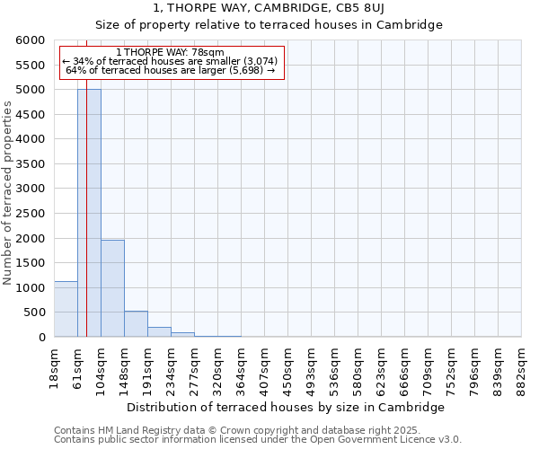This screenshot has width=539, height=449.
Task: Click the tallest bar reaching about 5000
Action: click(89, 216)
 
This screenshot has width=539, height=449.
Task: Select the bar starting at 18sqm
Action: click(66, 310)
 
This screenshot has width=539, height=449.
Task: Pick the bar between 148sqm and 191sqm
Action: click(136, 324)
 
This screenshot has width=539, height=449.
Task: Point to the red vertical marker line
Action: click(86, 180)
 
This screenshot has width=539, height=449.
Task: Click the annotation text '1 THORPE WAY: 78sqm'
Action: click(171, 53)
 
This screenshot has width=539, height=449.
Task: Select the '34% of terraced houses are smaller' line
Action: click(171, 61)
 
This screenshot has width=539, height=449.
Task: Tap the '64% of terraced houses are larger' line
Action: click(171, 70)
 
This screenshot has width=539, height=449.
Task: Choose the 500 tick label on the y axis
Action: click(35, 313)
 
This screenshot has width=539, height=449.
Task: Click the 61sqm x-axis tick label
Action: click(78, 365)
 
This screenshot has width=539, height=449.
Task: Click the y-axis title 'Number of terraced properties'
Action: click(8, 193)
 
